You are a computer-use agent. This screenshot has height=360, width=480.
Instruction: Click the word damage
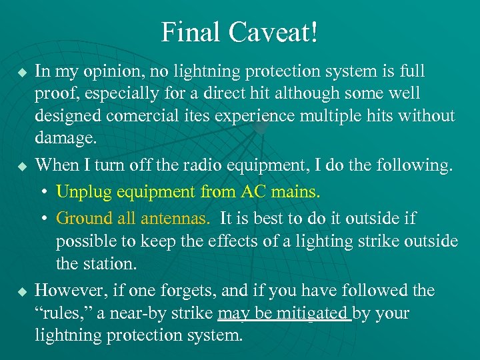coord(66,139)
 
